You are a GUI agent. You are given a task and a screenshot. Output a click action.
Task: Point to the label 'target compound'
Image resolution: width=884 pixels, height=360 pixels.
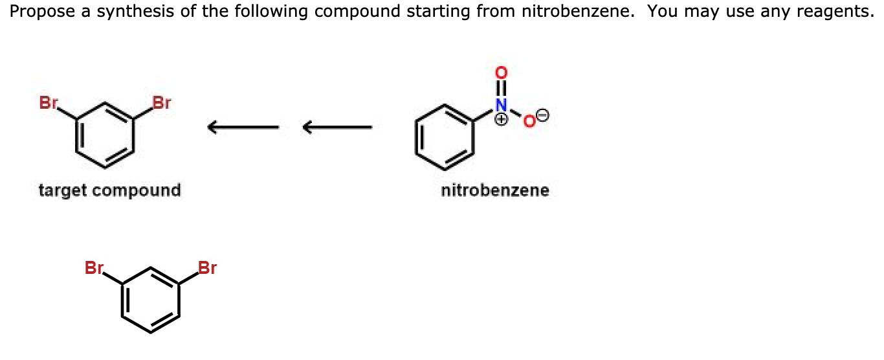[x=109, y=190]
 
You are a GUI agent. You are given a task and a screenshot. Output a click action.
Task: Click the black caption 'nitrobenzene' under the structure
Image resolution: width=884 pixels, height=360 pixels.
[x=495, y=190]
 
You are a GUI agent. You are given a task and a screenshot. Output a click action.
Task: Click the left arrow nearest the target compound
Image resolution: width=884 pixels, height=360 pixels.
[x=243, y=127]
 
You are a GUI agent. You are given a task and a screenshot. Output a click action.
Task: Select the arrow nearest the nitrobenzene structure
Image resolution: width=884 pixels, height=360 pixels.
[x=337, y=127]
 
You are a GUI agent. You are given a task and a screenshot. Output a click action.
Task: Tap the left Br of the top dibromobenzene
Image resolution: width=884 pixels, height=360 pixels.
[x=49, y=102]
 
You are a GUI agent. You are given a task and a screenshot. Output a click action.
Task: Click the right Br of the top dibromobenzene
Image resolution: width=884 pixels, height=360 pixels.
[x=162, y=102]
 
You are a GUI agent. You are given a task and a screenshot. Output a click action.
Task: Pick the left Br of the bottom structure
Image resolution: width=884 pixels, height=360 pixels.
[x=94, y=267]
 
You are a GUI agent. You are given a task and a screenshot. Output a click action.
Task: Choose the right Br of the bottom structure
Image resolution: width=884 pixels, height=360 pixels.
[x=207, y=267]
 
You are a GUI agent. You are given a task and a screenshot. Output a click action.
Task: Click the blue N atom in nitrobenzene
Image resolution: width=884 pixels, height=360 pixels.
[x=500, y=103]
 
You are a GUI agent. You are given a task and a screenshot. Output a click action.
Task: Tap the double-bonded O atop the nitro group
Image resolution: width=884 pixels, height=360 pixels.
[x=500, y=71]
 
